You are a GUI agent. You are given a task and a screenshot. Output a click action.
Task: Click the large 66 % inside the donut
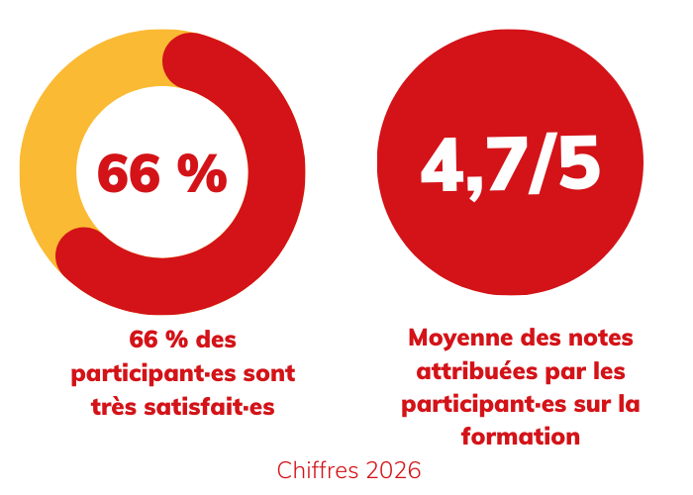161,174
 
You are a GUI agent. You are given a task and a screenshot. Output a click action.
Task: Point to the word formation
520,437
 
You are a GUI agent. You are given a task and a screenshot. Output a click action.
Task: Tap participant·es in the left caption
152,373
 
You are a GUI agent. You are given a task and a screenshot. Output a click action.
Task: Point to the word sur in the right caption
586,404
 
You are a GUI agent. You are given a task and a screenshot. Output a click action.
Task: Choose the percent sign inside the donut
202,174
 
